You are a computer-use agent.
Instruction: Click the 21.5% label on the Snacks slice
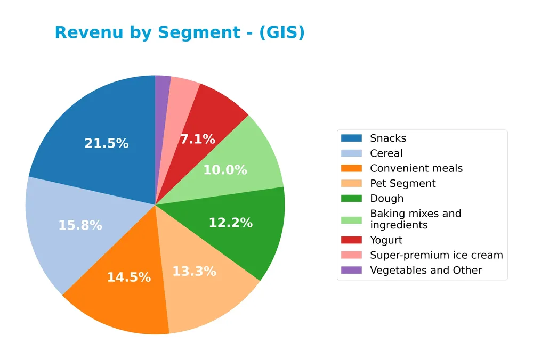[x=107, y=143]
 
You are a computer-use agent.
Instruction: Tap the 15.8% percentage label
[x=80, y=225]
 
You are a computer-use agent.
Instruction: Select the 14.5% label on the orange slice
[x=129, y=277]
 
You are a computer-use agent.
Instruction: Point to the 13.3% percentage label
[x=194, y=271]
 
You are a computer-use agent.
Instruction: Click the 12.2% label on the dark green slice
[x=230, y=223]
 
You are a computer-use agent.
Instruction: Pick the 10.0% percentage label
[x=225, y=170]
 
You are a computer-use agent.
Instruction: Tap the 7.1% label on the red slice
[x=197, y=140]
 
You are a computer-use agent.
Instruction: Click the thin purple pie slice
[x=162, y=85]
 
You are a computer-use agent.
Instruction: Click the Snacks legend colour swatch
[x=351, y=138]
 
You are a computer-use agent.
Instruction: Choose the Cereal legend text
[x=386, y=153]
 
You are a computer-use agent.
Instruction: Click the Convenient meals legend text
[x=416, y=168]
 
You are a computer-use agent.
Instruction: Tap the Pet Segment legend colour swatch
[x=351, y=184]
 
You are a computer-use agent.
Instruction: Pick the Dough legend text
[x=386, y=199]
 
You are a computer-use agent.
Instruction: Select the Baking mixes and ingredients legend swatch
[x=351, y=219]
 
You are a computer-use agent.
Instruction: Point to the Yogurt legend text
[x=386, y=240]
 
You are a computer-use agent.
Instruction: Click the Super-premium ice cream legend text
[x=436, y=255]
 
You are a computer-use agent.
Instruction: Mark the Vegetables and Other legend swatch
[x=351, y=271]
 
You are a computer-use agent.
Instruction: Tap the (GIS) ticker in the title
[x=282, y=32]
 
